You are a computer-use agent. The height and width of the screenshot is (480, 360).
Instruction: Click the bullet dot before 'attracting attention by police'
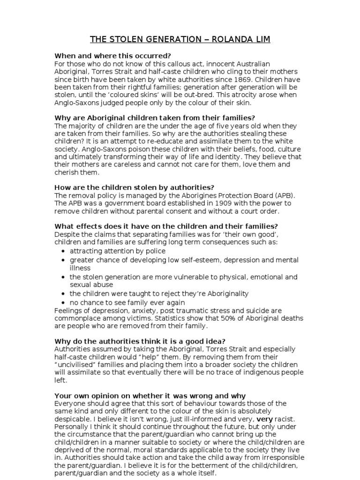coord(63,251)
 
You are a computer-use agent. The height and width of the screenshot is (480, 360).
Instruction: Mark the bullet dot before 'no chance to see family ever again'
coord(63,303)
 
